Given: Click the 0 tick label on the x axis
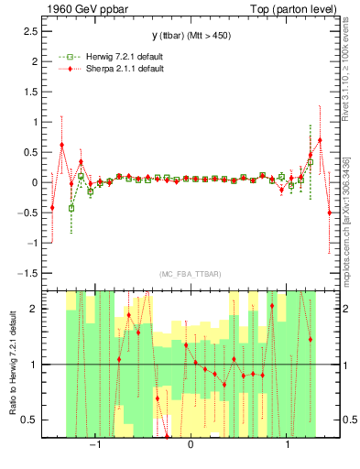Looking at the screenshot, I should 190,445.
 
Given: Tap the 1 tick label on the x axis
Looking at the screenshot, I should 289,445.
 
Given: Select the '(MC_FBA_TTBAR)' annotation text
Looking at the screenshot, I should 189,275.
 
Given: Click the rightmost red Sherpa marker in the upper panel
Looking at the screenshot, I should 329,213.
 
